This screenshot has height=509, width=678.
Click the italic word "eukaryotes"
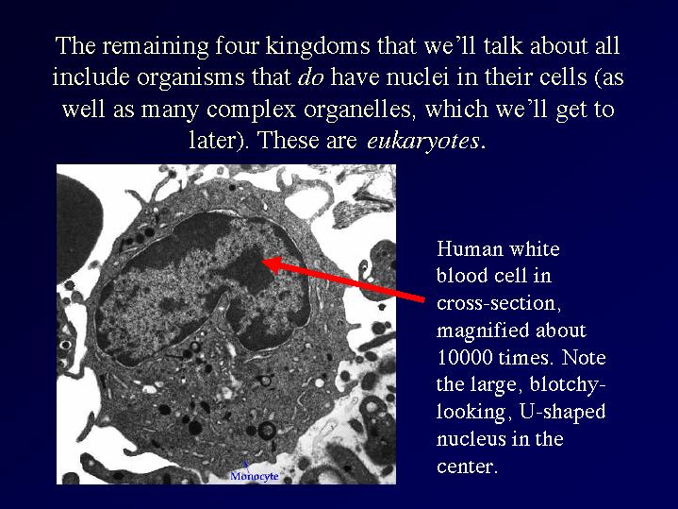point(422,142)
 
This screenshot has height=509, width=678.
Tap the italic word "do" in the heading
point(310,77)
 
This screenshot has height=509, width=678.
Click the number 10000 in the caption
point(465,358)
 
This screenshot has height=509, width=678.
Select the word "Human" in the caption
point(470,249)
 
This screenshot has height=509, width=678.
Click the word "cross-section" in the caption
point(499,304)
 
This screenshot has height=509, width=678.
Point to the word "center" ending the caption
point(466,467)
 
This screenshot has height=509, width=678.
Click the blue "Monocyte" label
point(255,476)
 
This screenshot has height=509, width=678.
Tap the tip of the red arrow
point(262,261)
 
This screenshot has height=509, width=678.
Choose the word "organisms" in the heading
point(192,78)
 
